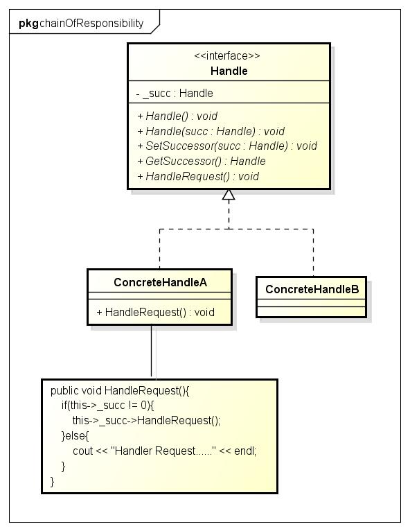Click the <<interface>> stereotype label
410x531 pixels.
[227, 55]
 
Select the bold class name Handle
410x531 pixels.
[229, 71]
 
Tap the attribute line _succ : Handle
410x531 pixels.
[175, 93]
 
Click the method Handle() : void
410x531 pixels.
[177, 116]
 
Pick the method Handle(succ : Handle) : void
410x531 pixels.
[211, 131]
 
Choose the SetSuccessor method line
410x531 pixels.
[227, 146]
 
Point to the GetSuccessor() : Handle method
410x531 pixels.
[202, 162]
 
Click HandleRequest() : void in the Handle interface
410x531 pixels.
[198, 177]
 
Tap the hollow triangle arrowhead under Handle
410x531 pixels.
[229, 195]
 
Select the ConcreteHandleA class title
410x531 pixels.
[161, 282]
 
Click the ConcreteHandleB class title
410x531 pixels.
[312, 289]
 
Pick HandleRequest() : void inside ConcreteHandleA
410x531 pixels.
[156, 312]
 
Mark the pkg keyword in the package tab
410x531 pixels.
[29, 24]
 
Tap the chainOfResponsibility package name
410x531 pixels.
[91, 24]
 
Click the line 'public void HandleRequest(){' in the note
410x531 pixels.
[120, 391]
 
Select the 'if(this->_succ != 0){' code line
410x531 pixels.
[107, 406]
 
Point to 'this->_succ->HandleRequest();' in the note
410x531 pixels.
[146, 421]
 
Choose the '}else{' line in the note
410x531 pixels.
[75, 436]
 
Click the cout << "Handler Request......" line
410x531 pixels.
[165, 451]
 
